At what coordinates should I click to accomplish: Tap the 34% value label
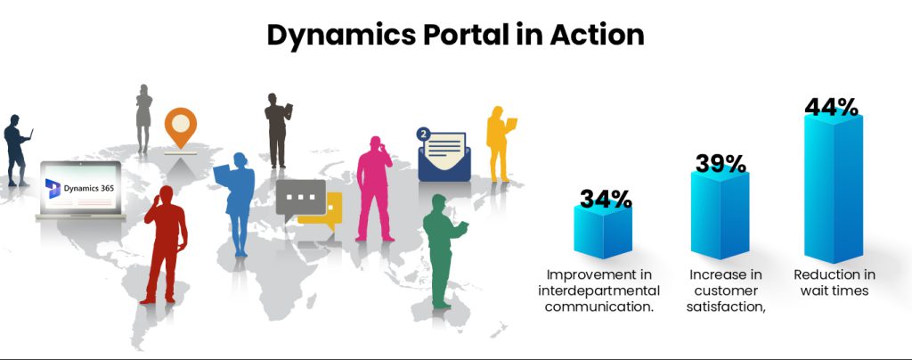coord(606,199)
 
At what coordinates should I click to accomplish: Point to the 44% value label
coord(831,107)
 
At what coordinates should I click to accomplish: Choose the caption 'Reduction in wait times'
coord(835,282)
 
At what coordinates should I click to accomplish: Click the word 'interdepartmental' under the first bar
coord(598,290)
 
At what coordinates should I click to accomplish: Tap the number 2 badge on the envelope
coord(423,135)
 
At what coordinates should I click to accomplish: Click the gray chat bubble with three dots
coord(300,197)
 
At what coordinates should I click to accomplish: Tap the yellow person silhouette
coord(498,143)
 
